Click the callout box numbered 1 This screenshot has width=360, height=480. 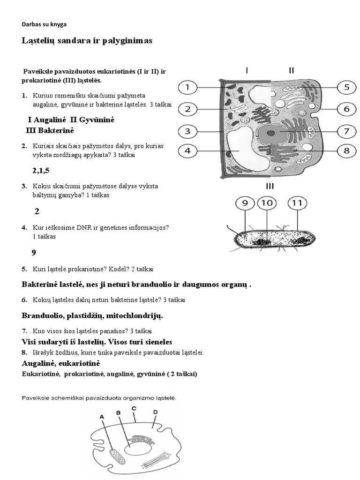point(188,87)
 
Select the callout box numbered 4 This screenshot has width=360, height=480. point(188,151)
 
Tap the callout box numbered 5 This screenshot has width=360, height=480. point(346,87)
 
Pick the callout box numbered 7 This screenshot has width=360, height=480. point(346,131)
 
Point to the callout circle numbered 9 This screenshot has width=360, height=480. point(245,203)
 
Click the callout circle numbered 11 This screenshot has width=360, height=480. point(298,203)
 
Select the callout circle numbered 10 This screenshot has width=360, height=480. point(267,203)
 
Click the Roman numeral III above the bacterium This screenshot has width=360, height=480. point(270,186)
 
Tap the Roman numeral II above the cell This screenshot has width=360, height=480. point(292,71)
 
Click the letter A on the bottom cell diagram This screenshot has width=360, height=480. point(102,416)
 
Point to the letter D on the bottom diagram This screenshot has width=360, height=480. point(155,412)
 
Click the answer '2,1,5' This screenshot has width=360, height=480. point(41,171)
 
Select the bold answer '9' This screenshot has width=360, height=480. point(34,253)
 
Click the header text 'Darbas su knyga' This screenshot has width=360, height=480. point(47,24)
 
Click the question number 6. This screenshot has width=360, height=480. point(24,300)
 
